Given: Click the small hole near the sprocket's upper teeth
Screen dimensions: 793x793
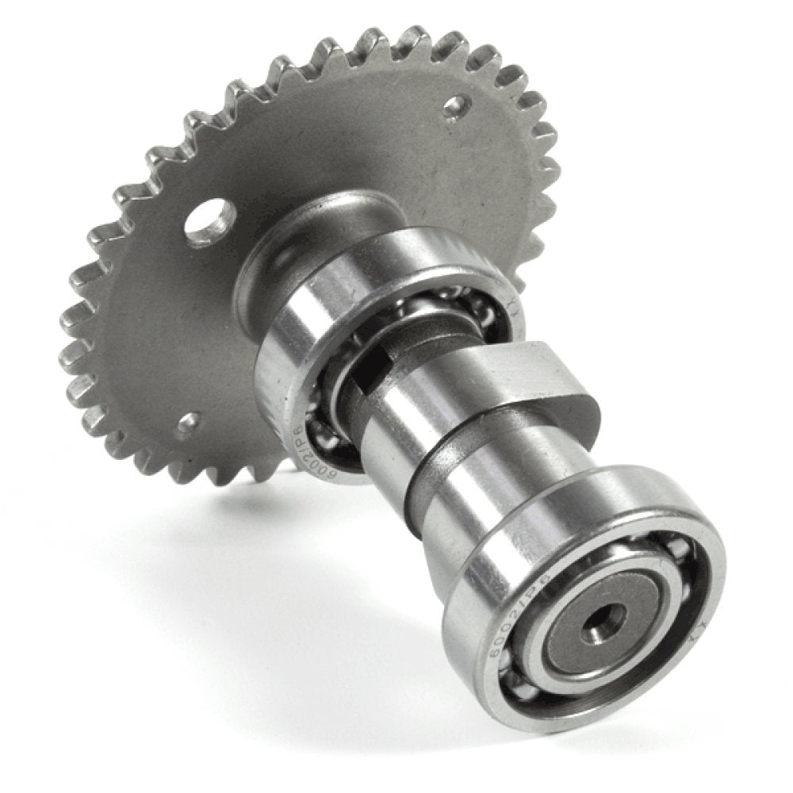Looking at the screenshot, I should point(455,107).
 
